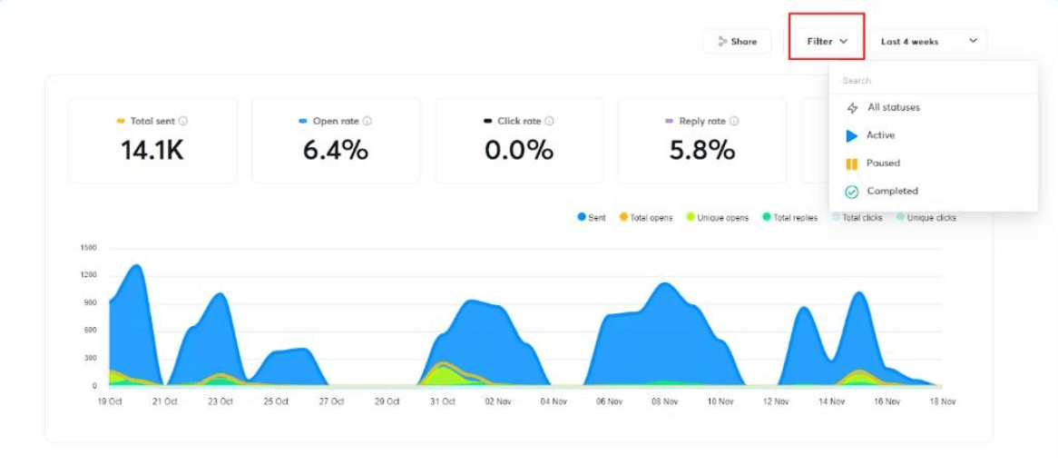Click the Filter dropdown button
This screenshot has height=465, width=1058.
(826, 41)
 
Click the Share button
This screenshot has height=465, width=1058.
(737, 41)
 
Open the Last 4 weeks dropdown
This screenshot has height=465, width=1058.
(928, 41)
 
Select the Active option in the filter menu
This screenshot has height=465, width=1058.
(880, 135)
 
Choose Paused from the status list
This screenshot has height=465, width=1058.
(882, 163)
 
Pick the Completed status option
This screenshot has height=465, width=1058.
(891, 192)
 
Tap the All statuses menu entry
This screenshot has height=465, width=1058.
(893, 107)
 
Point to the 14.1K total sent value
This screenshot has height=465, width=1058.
(152, 151)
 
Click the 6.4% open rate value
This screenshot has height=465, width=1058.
(336, 151)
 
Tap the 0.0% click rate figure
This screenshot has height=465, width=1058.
(519, 151)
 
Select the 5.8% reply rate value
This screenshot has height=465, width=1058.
(702, 151)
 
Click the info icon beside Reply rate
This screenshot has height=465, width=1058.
(734, 121)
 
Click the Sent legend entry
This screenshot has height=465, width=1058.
(592, 218)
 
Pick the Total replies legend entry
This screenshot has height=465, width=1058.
(789, 218)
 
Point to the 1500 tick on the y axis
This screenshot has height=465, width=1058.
(88, 247)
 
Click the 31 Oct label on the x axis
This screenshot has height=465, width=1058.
(442, 401)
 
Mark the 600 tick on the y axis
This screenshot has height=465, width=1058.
(90, 331)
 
